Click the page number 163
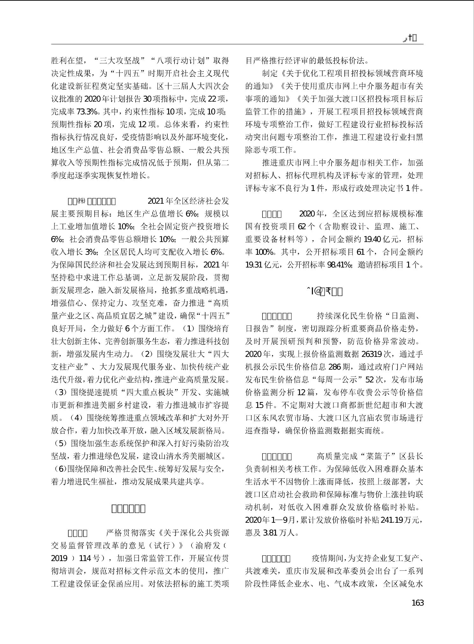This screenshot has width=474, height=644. click(x=417, y=603)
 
